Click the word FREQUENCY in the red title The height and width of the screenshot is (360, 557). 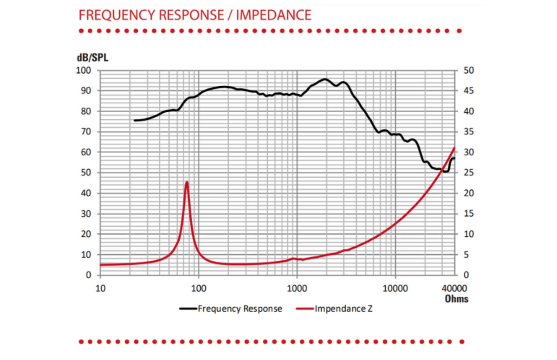click(117, 15)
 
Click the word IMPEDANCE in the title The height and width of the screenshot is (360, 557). click(273, 15)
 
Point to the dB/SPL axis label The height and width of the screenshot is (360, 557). click(92, 58)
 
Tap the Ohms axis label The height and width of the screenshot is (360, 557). click(456, 299)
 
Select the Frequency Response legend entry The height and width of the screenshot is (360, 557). click(231, 309)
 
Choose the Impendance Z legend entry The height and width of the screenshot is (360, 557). click(334, 309)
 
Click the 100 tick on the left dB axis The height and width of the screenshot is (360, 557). click(84, 71)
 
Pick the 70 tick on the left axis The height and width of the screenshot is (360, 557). click(86, 132)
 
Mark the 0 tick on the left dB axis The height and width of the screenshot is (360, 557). click(89, 275)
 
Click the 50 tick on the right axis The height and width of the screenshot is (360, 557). click(469, 71)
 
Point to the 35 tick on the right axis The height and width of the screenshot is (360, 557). click(469, 132)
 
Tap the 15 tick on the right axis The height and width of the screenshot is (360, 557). click(469, 214)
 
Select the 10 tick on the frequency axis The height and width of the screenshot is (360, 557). click(100, 289)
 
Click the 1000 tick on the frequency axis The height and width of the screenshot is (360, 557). click(297, 289)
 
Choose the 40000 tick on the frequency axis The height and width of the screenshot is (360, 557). click(454, 289)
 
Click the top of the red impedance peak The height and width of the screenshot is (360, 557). click(187, 182)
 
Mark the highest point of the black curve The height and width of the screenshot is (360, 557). click(325, 79)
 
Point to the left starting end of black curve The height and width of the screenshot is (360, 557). click(135, 121)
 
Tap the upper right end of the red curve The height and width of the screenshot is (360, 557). click(454, 148)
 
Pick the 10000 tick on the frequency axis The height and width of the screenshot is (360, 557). click(395, 289)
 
